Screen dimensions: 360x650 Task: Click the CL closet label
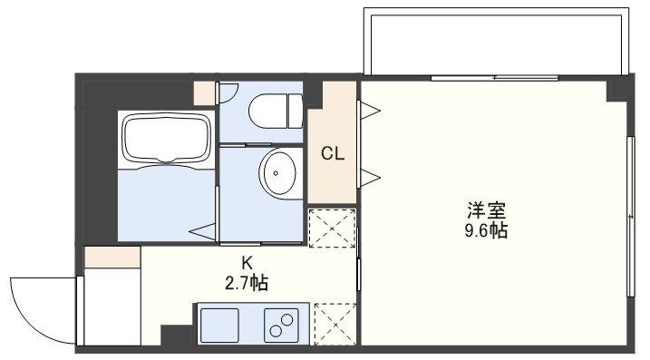point(332,154)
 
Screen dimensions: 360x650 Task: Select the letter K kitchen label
point(246,263)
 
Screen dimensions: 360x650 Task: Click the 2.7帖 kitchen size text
point(246,282)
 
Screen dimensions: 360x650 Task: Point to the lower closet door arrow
point(370,174)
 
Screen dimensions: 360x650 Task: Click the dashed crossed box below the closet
point(332,229)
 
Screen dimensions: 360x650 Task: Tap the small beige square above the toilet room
point(205,92)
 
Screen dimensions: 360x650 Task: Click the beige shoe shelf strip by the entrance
point(112,258)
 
